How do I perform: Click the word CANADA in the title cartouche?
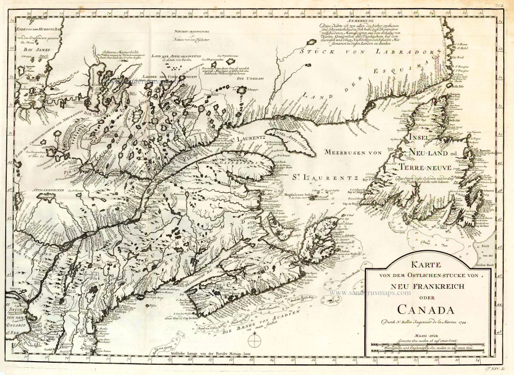426,310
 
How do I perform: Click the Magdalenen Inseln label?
303,194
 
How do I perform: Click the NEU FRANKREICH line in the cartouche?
426,288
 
